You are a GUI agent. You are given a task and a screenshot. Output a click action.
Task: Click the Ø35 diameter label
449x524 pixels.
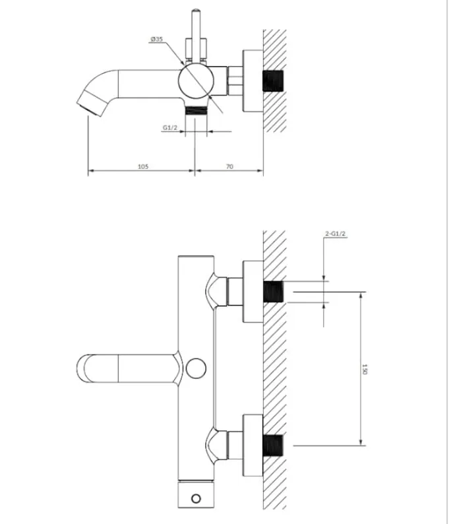click(156, 40)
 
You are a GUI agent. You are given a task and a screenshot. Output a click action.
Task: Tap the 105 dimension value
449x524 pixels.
click(143, 166)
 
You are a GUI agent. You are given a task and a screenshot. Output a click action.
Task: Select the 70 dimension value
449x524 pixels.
click(229, 166)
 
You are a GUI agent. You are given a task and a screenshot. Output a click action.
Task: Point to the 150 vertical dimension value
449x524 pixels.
click(364, 370)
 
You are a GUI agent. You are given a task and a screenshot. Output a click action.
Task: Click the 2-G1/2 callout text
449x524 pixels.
click(336, 234)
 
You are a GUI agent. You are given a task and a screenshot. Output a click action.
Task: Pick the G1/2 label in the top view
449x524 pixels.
click(170, 127)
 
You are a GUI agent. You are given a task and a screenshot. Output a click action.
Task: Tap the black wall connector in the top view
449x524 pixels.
click(273, 81)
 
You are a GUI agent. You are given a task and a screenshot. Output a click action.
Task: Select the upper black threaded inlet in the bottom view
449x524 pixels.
click(273, 292)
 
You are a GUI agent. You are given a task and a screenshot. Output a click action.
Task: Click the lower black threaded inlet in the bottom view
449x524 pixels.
click(273, 445)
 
